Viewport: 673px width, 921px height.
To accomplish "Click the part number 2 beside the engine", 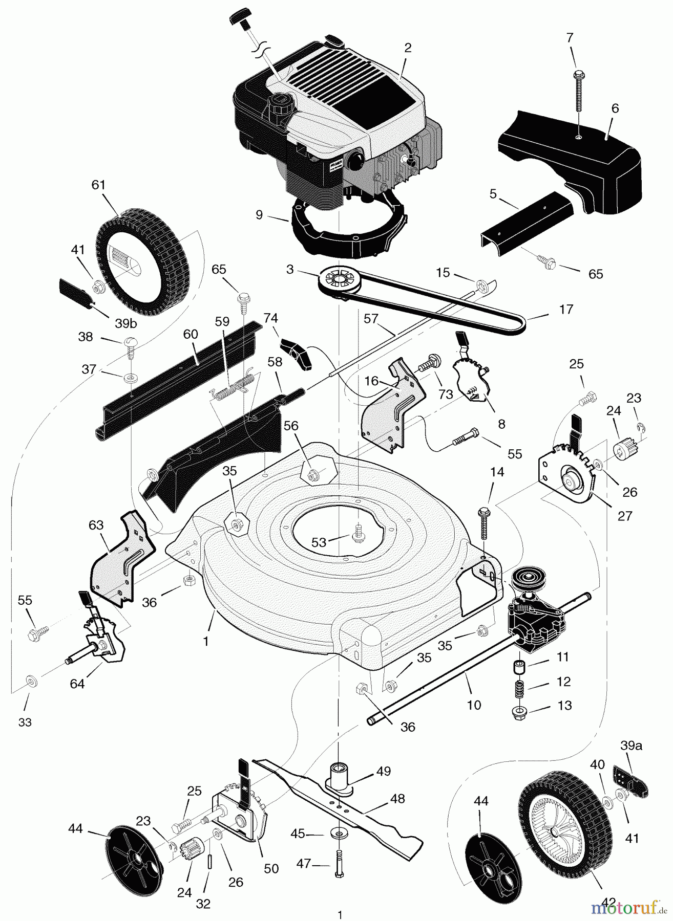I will (408, 48).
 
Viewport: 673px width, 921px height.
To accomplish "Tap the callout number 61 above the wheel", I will (98, 185).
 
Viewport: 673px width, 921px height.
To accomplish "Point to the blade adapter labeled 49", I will (339, 778).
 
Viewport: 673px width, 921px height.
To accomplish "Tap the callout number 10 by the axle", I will (474, 705).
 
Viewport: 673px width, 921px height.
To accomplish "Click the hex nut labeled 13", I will (520, 712).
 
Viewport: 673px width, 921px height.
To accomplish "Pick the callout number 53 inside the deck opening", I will (319, 542).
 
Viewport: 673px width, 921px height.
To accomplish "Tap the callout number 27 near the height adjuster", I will (625, 515).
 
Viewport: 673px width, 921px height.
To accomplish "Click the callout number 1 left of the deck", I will (206, 641).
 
